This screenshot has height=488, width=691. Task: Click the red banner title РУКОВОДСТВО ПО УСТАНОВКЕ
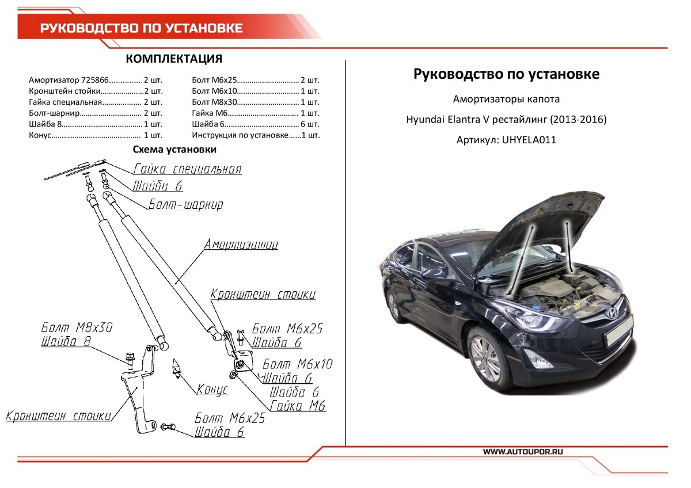tap(141, 28)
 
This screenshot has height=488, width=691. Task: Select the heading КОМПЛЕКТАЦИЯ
tap(173, 59)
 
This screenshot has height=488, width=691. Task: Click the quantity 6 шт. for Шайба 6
tap(310, 124)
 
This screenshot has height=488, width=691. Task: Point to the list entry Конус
tap(40, 135)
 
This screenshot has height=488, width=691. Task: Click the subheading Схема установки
tap(174, 150)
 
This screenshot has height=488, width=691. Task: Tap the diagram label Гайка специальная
tap(187, 169)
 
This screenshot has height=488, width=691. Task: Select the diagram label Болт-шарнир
tap(185, 204)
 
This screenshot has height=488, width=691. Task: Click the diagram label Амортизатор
tap(241, 245)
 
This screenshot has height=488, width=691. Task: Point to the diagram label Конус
tap(212, 390)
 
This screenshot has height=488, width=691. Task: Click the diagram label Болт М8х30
tap(77, 327)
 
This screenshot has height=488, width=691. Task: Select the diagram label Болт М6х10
tap(297, 364)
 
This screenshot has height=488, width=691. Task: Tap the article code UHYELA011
tap(529, 140)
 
